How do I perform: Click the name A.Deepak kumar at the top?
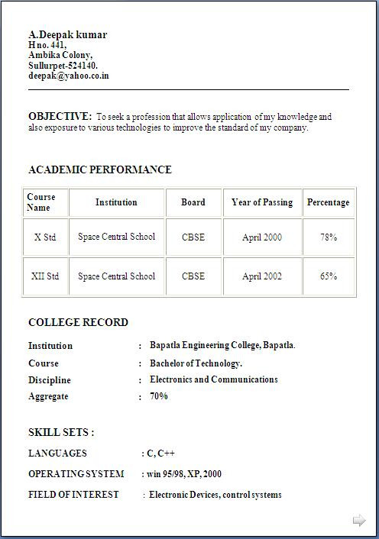pos(67,34)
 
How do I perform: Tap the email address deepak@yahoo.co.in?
pos(68,76)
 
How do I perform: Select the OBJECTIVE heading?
pos(60,116)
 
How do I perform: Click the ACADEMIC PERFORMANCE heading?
pos(99,169)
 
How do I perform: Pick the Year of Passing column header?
pos(262,202)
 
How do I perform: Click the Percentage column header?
pos(328,202)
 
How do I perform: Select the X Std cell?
pos(46,237)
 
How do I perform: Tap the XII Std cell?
pos(45,276)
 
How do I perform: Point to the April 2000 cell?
pos(262,237)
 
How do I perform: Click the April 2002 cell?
pos(262,276)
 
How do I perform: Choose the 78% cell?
pos(329,237)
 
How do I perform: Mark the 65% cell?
pos(329,276)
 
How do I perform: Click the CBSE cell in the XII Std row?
pos(193,276)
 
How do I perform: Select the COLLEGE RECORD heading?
pos(78,322)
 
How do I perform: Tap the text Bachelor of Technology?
pos(196,363)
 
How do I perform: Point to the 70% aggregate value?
pos(159,396)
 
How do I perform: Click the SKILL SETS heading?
pos(61,432)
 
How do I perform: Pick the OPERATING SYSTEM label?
pos(76,474)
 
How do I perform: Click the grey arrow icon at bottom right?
pos(359,521)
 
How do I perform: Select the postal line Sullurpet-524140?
pos(63,66)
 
